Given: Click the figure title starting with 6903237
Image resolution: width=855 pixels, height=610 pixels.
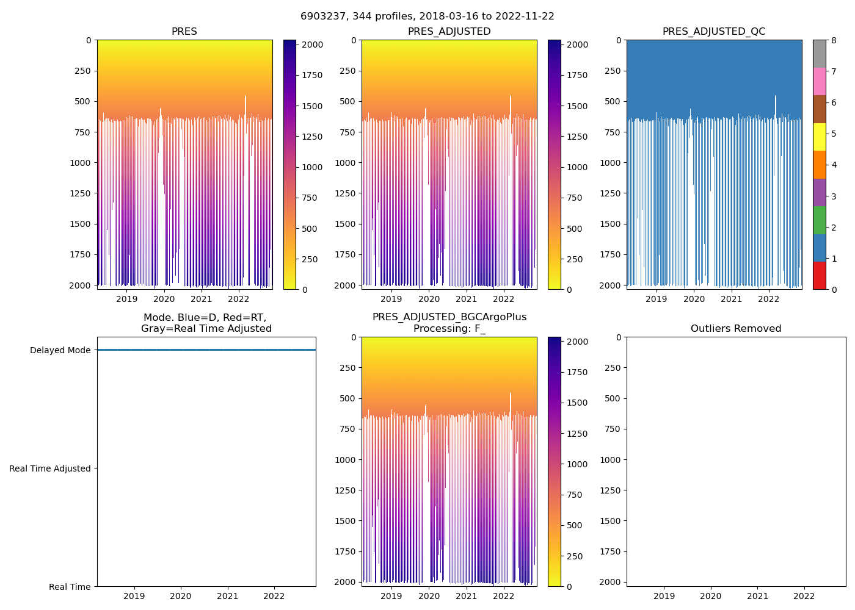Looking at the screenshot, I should [427, 16].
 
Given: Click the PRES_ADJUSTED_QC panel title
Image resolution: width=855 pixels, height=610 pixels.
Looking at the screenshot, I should [714, 32].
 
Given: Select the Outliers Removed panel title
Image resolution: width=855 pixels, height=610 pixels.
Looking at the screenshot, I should [736, 329].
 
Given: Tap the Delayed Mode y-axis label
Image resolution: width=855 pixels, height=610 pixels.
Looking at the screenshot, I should [60, 350].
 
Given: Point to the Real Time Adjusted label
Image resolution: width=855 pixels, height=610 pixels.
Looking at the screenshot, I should [50, 468].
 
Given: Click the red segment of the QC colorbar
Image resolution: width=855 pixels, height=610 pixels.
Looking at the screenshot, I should [819, 276].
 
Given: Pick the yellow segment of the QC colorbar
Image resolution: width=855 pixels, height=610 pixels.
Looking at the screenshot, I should [819, 137].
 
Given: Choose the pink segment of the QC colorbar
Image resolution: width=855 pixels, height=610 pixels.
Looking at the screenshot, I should [819, 81].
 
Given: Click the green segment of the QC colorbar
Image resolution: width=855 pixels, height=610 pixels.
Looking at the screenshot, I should [819, 220].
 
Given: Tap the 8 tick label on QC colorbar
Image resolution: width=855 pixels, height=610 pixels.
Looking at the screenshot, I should [834, 40].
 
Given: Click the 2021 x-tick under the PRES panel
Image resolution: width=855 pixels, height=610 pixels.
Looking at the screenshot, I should [202, 299].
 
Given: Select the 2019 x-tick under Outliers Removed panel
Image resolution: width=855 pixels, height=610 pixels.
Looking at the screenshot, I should [664, 596].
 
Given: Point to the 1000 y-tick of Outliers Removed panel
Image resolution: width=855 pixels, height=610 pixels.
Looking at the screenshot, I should [610, 459].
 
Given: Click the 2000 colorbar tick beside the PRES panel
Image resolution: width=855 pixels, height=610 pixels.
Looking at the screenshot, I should [313, 45].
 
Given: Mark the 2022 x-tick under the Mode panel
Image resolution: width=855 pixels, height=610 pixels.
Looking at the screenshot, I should [274, 596].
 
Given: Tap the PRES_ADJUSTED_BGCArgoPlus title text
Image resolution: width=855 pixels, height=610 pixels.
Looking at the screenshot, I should [449, 317].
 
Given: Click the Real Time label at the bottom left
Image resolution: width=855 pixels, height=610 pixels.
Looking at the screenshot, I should [70, 587].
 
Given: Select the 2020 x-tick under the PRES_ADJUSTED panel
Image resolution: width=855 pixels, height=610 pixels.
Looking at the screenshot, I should [429, 299].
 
